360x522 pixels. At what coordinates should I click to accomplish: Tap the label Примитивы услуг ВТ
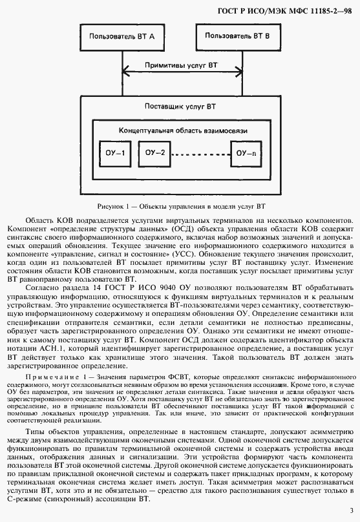pos(181,65)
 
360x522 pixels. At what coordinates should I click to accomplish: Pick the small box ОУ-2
pos(154,153)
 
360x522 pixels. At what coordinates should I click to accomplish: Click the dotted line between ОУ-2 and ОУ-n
pos(200,154)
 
